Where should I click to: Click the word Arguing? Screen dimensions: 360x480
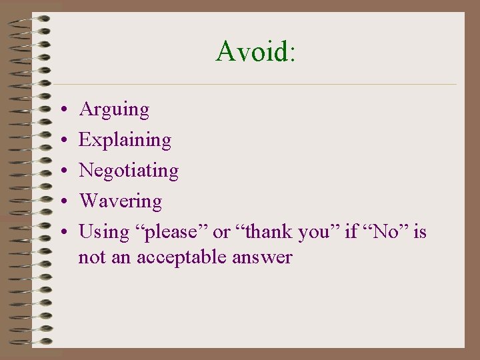coord(114,109)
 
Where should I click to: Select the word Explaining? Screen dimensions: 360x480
coord(125,140)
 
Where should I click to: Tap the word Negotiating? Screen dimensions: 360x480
coord(129,171)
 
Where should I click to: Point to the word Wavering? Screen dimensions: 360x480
coord(120,201)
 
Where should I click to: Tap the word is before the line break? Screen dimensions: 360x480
coord(419,231)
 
